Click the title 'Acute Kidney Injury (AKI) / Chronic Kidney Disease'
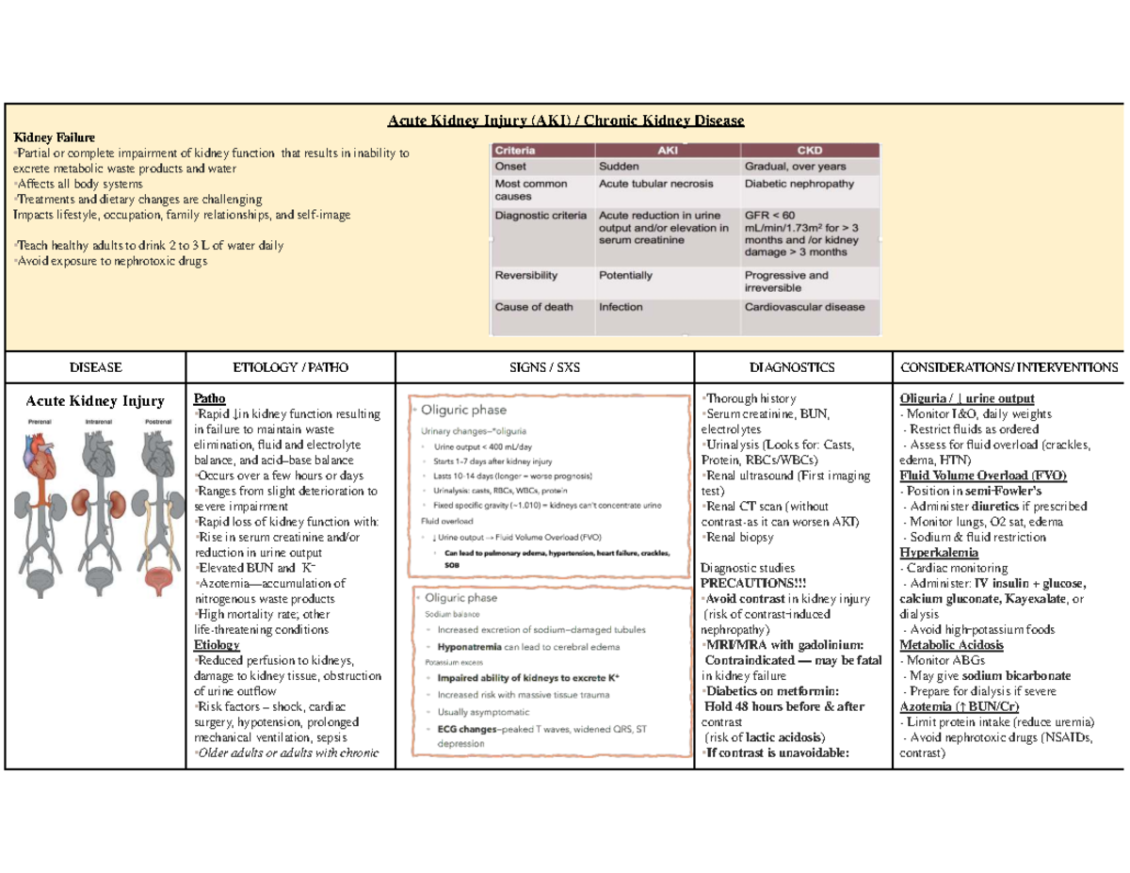[x=567, y=121]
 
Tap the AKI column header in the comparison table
[x=665, y=150]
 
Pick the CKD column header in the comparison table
[x=811, y=150]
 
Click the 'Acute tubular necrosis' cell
[x=655, y=184]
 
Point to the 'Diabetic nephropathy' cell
[x=800, y=184]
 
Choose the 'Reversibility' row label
[x=526, y=276]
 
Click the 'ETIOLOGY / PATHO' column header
[x=291, y=367]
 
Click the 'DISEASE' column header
[x=95, y=367]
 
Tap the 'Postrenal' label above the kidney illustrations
[x=157, y=421]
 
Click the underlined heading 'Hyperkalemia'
[x=939, y=552]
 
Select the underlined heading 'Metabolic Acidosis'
[x=951, y=645]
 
